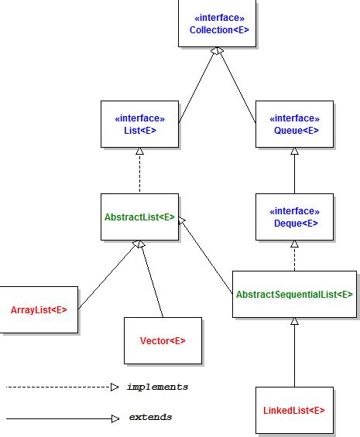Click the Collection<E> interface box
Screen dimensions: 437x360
[218, 24]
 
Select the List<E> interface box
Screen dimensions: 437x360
[140, 125]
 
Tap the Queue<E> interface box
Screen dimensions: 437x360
[294, 125]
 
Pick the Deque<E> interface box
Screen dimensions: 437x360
[294, 217]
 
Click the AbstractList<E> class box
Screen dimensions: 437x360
[140, 217]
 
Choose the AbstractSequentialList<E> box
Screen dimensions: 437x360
[294, 295]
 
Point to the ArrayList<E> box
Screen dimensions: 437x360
[39, 309]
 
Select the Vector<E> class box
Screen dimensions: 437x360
[163, 340]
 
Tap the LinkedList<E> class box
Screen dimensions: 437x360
[294, 410]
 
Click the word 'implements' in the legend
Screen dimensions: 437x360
[157, 387]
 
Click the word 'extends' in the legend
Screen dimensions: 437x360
[150, 418]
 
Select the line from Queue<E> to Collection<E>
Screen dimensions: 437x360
[237, 85]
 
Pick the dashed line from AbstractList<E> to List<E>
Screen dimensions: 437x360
[140, 171]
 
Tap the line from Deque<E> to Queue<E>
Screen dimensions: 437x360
[294, 171]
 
